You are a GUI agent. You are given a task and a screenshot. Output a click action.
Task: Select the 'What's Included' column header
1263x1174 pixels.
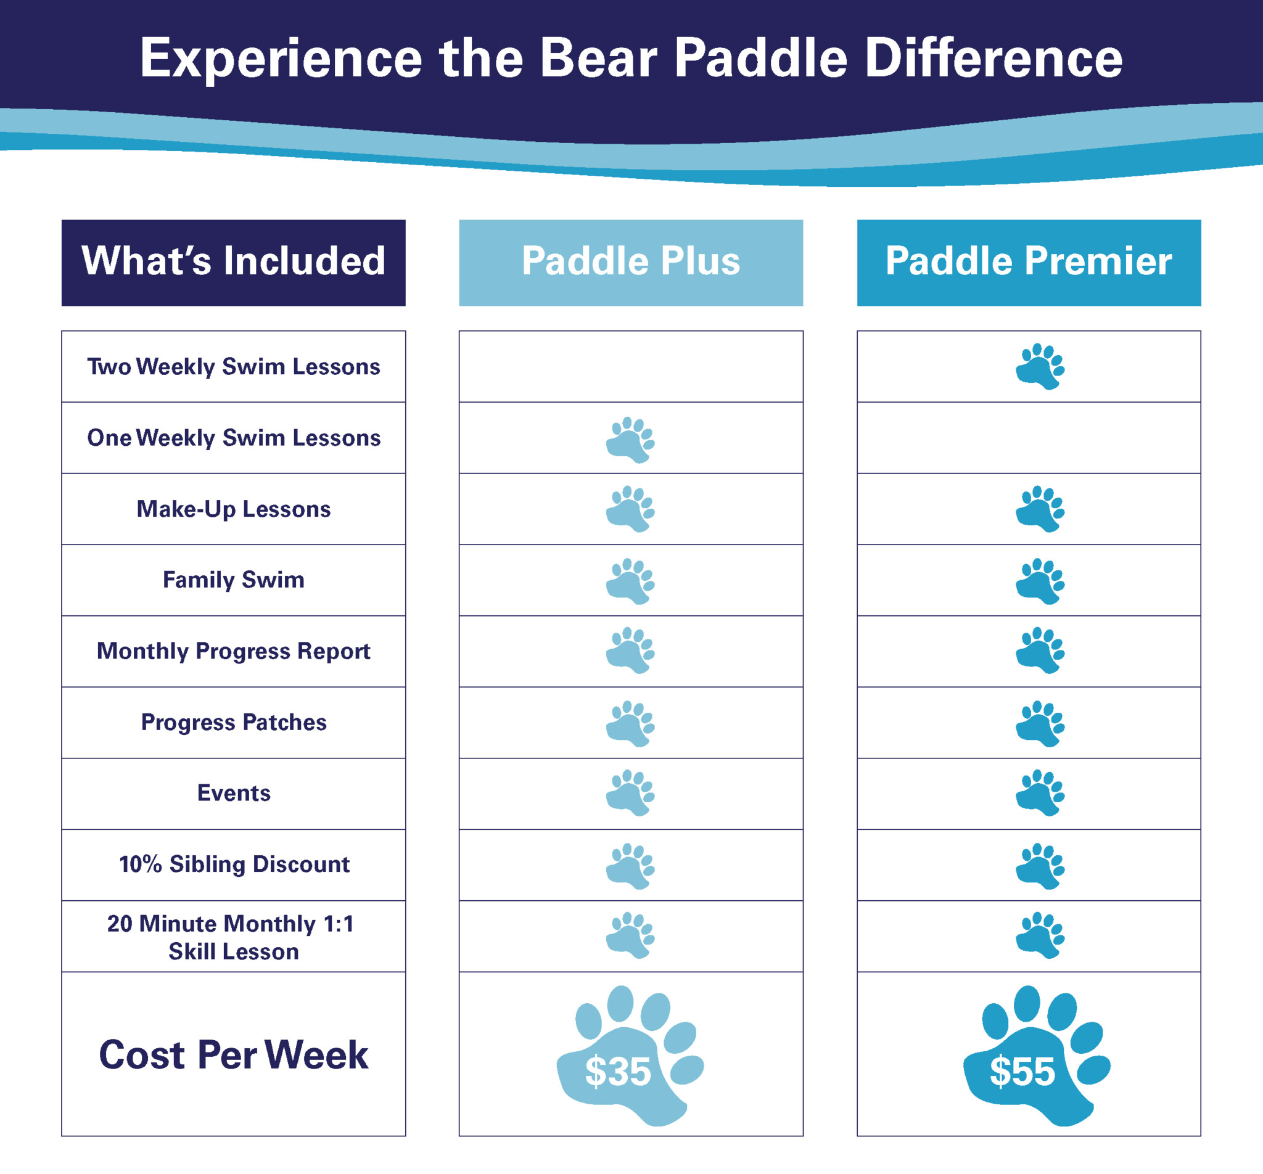click(x=233, y=261)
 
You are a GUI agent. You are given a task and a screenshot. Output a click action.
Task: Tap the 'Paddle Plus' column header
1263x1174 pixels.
click(x=631, y=261)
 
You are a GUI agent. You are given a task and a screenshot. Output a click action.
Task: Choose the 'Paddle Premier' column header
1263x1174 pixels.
click(x=1029, y=261)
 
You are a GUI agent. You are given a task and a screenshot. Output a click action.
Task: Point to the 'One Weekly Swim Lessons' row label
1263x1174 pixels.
click(x=233, y=438)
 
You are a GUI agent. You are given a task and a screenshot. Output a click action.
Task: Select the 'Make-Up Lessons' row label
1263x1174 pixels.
click(x=233, y=509)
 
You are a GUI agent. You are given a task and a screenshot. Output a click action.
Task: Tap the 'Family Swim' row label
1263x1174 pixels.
click(x=233, y=580)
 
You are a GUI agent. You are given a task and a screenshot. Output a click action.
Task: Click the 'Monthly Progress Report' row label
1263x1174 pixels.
click(x=233, y=651)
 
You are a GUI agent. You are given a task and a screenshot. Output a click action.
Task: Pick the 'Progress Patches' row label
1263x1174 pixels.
click(x=233, y=722)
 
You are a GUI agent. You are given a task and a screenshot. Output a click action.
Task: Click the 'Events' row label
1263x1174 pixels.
click(x=233, y=793)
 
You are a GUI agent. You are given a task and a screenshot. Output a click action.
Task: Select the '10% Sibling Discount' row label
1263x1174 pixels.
click(x=233, y=864)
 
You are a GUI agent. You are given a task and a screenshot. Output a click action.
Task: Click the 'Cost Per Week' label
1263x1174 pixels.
click(x=233, y=1055)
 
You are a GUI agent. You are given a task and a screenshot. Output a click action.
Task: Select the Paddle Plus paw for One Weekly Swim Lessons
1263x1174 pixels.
click(x=630, y=440)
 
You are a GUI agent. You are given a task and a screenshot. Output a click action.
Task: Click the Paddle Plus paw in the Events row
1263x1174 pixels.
click(x=630, y=793)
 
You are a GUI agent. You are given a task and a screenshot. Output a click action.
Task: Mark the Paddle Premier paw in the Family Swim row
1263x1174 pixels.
click(x=1039, y=581)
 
